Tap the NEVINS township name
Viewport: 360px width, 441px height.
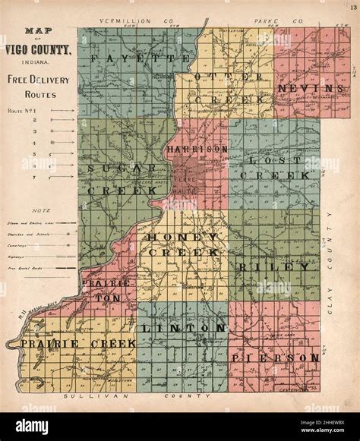[306, 89]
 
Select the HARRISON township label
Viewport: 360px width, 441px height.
[198, 150]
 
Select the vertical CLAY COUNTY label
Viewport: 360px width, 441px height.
[331, 250]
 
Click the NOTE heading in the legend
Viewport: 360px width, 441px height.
[31, 209]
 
